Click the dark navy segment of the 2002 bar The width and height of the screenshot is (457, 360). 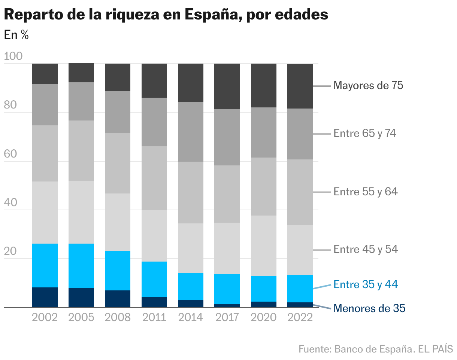[45, 297]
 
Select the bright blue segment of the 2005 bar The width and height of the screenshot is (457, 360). [81, 266]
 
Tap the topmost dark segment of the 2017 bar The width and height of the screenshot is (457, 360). [227, 86]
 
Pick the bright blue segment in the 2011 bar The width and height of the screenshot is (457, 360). [154, 279]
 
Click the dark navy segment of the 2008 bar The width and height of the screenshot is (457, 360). [117, 299]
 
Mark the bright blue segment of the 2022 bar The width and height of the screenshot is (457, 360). [300, 289]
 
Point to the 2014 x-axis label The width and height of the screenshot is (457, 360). [190, 317]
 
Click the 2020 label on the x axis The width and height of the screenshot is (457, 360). [263, 317]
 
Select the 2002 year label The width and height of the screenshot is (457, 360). [45, 317]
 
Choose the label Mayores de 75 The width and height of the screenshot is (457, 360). [368, 86]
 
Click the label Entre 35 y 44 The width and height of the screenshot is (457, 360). [365, 285]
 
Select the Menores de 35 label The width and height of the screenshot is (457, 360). [369, 309]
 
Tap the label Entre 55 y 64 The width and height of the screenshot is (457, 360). [365, 192]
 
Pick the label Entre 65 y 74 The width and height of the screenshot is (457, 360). [364, 134]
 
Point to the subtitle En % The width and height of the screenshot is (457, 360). [16, 35]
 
